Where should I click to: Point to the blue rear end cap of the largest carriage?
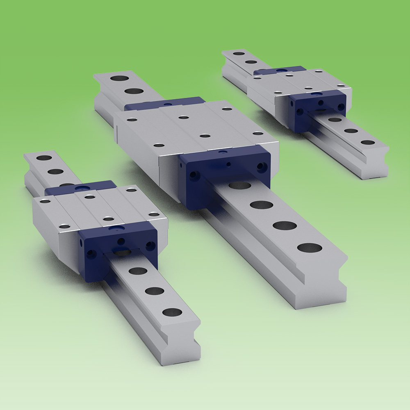(164, 103)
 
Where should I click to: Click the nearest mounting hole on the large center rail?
(310, 248)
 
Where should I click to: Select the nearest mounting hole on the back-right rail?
(368, 142)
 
